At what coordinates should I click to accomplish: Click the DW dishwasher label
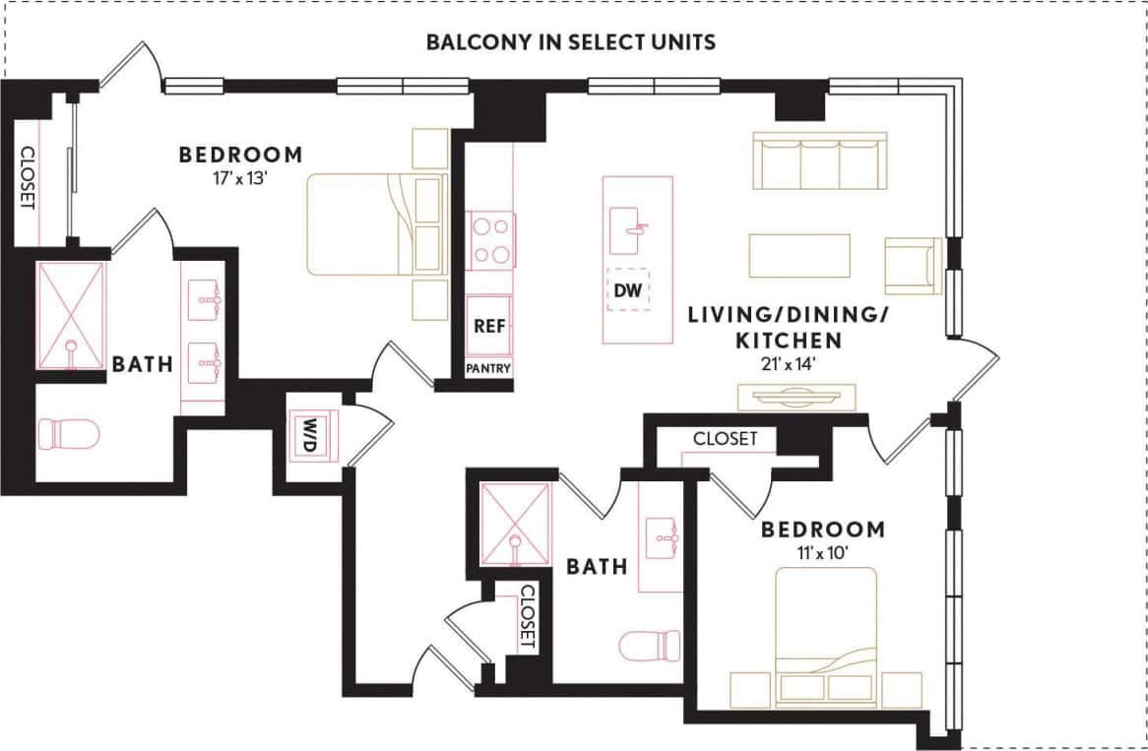627,290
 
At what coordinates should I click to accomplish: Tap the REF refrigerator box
489,327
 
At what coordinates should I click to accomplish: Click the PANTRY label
489,369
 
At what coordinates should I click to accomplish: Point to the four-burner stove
489,241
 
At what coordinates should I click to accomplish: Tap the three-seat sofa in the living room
819,159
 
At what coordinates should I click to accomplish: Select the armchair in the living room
913,266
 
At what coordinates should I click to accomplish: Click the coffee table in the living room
798,256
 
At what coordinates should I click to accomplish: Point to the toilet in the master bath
69,434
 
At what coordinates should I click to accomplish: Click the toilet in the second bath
650,647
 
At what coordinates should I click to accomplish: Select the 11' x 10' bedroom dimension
822,553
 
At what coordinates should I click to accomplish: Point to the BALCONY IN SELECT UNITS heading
570,42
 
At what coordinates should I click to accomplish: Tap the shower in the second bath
515,524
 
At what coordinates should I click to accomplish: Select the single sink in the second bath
662,537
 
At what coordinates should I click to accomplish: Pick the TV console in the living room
797,397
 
